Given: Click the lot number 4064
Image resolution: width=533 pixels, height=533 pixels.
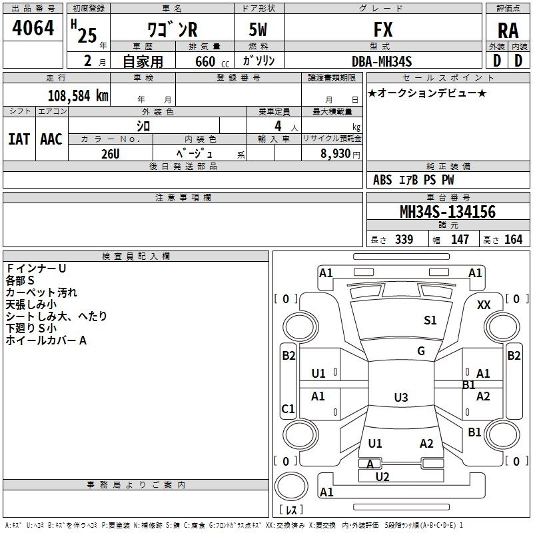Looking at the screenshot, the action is coord(33,28).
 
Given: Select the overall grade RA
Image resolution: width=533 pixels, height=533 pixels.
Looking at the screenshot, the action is coord(508,31).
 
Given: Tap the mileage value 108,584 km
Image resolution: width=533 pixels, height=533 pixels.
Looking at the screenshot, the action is coord(78,96).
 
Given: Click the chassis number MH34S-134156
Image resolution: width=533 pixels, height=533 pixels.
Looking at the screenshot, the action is coord(448,212).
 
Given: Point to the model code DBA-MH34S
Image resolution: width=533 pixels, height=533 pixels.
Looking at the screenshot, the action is coord(382,61).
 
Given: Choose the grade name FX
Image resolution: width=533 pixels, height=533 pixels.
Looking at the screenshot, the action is coord(383,29).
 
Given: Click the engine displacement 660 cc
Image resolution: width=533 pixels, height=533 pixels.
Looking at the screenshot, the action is coord(212,61).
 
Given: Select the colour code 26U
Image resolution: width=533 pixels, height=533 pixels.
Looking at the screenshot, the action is coord(111,154).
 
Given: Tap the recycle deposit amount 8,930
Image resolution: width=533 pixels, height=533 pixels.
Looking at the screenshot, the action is coord(335,154).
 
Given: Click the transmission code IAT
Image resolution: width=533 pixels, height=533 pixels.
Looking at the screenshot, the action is coord(19,139).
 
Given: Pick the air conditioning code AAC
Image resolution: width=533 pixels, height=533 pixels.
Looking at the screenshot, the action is coord(51,139).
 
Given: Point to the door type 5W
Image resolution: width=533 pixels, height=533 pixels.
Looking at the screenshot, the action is coord(258,29).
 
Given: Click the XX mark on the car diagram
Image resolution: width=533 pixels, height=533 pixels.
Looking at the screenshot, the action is coord(484,305).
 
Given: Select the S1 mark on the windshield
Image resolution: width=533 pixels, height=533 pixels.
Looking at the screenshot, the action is coord(430,320).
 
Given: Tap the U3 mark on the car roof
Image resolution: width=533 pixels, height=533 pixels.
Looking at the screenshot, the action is coord(401,397).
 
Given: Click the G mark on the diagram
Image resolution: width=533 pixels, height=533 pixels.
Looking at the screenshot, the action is coord(421,351).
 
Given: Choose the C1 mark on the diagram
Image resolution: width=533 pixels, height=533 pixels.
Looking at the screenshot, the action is coord(288,408).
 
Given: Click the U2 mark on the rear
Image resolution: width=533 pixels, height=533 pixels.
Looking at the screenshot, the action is coord(382,477).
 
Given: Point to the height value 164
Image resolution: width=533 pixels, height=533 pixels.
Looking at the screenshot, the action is coord(513,240).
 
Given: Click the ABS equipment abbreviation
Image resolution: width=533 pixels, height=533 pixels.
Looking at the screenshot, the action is coord(382,180).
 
